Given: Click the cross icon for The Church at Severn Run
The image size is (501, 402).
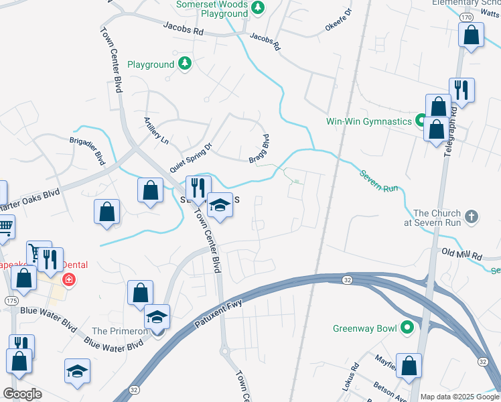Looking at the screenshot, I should (472, 216).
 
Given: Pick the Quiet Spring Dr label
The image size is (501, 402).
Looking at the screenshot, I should (190, 155).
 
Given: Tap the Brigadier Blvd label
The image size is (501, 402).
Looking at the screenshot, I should (88, 152).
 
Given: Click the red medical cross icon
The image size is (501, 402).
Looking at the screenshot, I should (68, 279).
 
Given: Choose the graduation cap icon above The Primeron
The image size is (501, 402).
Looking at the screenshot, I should (157, 317).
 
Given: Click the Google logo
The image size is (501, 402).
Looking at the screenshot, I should (22, 394).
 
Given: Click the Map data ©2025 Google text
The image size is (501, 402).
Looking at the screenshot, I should (459, 397).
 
